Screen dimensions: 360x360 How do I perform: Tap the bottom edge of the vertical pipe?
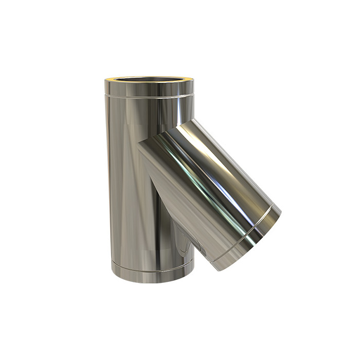pyautogui.click(x=152, y=278)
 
